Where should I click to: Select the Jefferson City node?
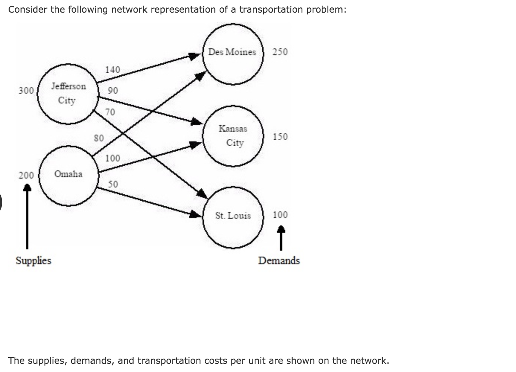pos(68,93)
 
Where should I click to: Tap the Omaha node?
pos(68,174)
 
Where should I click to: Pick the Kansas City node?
pos(233,135)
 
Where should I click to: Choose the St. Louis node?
pos(233,216)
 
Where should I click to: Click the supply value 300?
pos(26,91)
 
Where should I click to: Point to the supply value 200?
pos(26,175)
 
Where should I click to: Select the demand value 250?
pos(280,52)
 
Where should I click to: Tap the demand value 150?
pos(280,137)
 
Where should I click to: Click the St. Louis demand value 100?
pos(280,215)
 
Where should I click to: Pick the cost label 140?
pos(112,70)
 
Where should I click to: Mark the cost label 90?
pos(112,90)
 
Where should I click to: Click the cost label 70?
pos(110,112)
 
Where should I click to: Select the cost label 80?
pos(99,138)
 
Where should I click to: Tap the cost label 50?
pos(113,184)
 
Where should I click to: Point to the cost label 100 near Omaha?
pos(112,158)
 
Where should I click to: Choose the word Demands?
pos(279,260)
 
